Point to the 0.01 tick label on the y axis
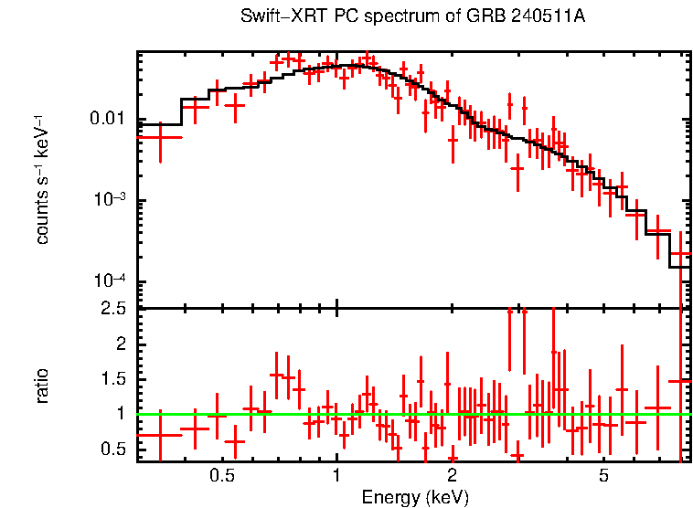click(106, 120)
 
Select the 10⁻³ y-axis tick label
click(108, 200)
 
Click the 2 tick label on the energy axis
click(452, 476)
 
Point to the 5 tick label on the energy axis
click(603, 476)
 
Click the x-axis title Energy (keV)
click(415, 497)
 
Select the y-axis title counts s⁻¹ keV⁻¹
click(43, 179)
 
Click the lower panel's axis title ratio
click(43, 386)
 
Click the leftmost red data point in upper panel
click(160, 137)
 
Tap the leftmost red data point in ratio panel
click(160, 435)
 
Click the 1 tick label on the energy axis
click(336, 476)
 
